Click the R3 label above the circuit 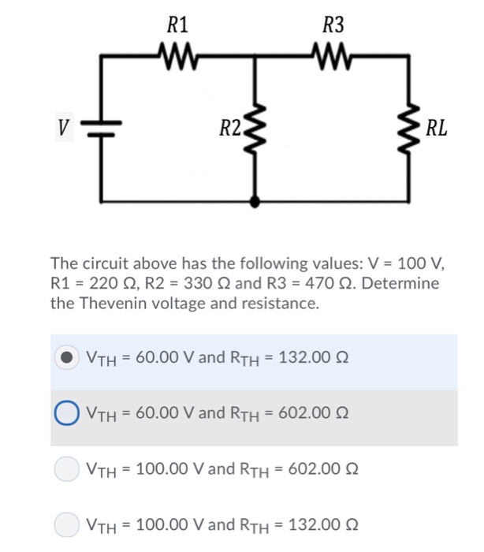point(334,24)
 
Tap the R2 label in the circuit point(230,125)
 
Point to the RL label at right point(436,127)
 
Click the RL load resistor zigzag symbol point(409,126)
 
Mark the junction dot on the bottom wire point(253,202)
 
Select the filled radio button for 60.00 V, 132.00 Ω point(67,357)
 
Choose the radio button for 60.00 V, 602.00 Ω point(67,412)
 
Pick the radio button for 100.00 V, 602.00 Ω point(67,468)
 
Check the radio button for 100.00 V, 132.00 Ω point(67,523)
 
